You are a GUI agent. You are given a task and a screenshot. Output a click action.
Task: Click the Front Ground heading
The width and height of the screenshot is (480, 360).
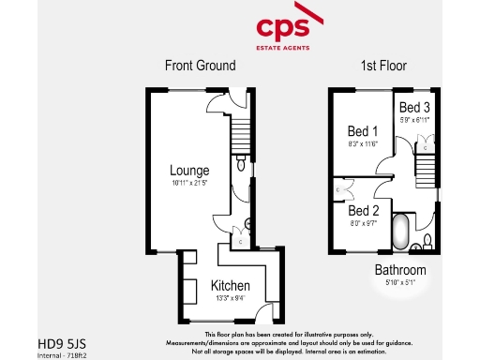click(x=200, y=66)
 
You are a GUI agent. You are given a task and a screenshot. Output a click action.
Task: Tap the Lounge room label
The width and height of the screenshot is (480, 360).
click(x=188, y=171)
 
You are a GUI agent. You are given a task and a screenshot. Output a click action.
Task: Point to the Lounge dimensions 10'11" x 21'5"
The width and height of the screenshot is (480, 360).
click(x=188, y=184)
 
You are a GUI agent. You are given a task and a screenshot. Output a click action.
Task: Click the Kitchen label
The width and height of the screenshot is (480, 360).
click(x=231, y=285)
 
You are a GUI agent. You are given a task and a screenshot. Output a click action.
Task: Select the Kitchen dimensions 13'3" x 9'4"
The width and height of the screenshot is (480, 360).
click(x=230, y=298)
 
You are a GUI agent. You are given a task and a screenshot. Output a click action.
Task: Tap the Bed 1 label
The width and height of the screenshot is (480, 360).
click(x=363, y=131)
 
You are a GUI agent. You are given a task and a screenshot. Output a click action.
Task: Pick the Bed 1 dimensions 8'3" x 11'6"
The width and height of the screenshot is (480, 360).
click(x=363, y=144)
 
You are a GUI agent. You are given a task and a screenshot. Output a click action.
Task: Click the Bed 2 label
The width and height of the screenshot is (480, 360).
click(x=363, y=211)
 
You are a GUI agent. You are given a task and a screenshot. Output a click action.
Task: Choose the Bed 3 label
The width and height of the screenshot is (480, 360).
click(x=412, y=107)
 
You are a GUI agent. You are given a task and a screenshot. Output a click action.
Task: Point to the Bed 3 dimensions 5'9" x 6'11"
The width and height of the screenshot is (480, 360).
click(x=412, y=120)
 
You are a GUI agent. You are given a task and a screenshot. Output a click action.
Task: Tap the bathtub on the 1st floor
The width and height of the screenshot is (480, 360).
click(x=398, y=232)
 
